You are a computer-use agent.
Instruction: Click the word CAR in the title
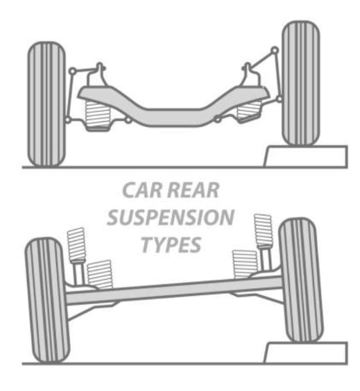142,190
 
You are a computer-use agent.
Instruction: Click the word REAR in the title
194,190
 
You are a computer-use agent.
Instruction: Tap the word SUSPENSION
171,217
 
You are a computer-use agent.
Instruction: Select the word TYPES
171,244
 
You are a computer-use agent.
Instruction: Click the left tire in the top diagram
46,104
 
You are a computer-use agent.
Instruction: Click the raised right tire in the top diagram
301,83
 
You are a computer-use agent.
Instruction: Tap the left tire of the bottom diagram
47,301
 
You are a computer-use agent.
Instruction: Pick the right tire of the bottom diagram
301,280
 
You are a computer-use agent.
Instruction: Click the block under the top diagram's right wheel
306,156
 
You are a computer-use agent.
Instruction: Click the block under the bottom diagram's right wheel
306,353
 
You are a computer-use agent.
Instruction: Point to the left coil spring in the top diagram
97,115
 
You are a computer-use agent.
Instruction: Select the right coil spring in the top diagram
249,110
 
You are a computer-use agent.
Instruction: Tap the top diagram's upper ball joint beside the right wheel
275,50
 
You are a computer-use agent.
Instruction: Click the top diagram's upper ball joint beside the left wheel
72,71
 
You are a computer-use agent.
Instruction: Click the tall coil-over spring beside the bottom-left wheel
77,244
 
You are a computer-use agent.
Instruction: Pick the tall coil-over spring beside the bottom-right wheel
264,231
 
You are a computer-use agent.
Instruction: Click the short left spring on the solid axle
100,274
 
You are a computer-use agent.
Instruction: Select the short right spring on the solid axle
245,264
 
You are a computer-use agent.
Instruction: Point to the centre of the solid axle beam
174,290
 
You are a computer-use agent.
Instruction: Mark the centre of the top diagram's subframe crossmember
173,117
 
